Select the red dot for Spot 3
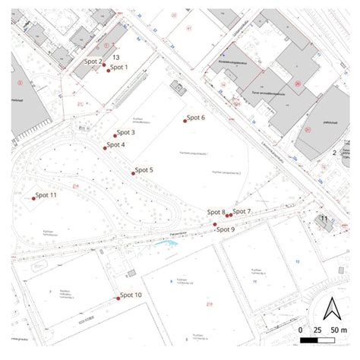coord(115,134)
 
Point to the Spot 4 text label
coord(116,144)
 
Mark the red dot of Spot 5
coord(133,173)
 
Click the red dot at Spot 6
coord(185,120)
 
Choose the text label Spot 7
coord(242,210)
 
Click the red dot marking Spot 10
coord(118,298)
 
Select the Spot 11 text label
coord(47,195)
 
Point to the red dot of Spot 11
coord(34,198)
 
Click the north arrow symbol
coord(331,308)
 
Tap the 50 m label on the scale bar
coord(339,330)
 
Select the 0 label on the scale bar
coord(302,330)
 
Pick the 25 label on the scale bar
coord(319,330)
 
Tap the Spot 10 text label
coord(131,295)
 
